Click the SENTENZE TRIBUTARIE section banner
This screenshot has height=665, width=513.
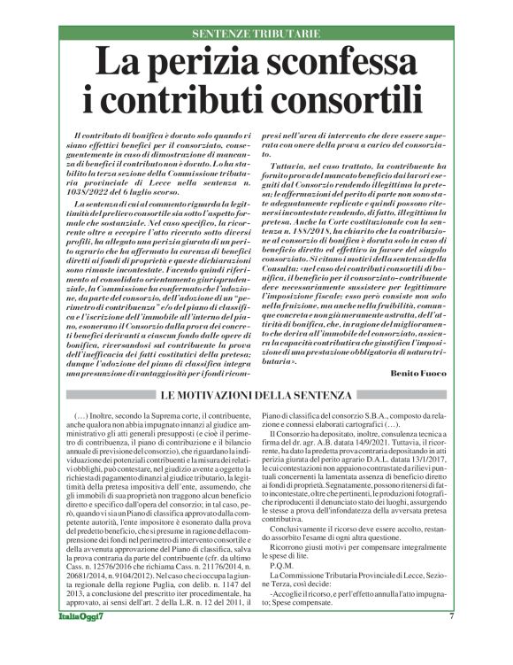[x=256, y=34]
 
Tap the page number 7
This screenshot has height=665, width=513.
[x=450, y=641]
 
